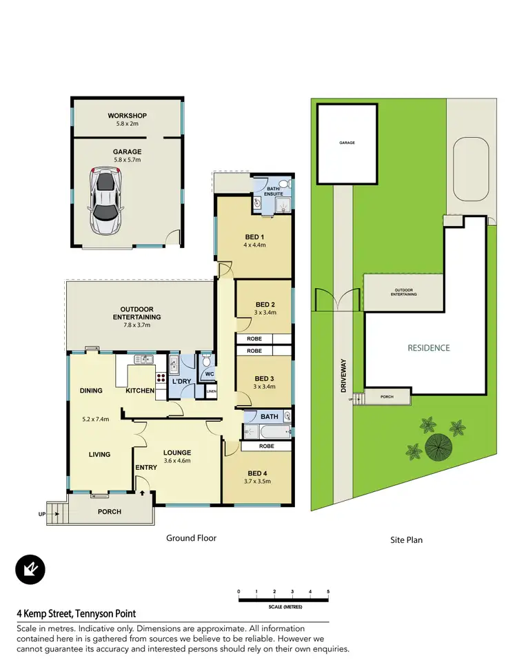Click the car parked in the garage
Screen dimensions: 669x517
coord(105,202)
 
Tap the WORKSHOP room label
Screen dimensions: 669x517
coord(127,116)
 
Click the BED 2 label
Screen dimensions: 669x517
coord(265,305)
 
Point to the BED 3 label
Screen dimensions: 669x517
coord(265,378)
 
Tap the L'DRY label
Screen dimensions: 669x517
coord(181,381)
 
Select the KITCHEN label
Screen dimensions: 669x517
coord(140,391)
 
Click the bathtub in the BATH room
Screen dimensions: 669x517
coord(261,431)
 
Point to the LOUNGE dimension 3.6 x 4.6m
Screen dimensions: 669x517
coord(177,461)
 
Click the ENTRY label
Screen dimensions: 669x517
coord(146,467)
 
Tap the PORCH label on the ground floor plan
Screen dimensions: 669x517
coord(109,512)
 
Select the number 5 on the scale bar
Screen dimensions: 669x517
coord(328,592)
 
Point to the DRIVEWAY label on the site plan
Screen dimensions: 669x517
coord(343,378)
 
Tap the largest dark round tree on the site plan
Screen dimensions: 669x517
coord(438,448)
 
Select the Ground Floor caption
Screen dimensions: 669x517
coord(191,538)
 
